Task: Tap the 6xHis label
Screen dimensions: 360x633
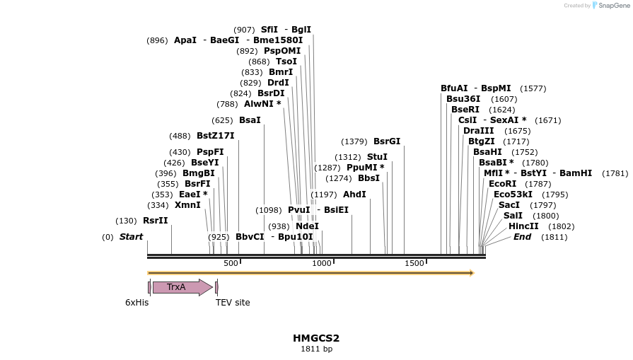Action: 137,303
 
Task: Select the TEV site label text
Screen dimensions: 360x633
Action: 233,303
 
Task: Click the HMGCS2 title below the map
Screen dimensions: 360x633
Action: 316,338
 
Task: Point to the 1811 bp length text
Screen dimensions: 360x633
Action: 316,349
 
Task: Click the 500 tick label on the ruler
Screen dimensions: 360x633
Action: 231,263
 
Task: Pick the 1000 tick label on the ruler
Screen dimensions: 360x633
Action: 322,263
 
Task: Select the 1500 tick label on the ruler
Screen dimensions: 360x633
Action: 414,263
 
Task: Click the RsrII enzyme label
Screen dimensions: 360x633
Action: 156,221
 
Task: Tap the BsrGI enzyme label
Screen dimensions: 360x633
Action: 387,141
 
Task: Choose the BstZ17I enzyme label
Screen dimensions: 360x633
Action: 215,136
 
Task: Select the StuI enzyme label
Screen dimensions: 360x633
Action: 377,157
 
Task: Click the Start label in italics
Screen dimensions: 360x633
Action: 131,237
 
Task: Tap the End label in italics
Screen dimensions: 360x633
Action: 522,237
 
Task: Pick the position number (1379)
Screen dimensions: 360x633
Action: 354,141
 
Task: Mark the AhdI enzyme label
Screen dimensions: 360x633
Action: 354,194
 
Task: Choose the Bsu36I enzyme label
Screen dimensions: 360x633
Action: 463,99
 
